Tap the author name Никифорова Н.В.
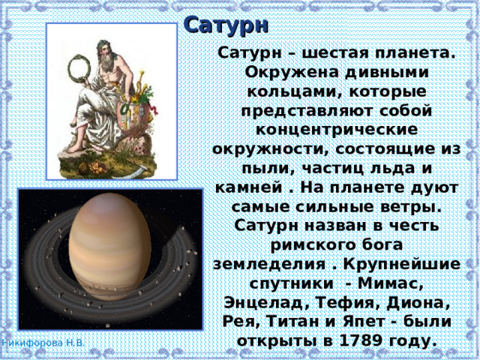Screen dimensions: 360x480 [43, 343]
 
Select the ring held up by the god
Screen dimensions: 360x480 [78, 73]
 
